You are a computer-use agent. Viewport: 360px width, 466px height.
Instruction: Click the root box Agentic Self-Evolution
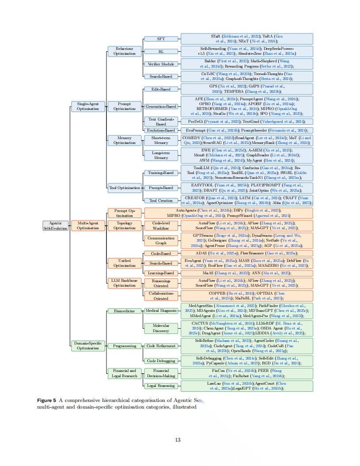[56, 226]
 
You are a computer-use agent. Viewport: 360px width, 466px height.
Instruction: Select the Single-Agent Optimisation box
[88, 106]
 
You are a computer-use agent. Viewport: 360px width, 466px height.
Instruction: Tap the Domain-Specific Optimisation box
[88, 345]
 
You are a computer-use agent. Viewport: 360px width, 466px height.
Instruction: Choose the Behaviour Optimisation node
[125, 51]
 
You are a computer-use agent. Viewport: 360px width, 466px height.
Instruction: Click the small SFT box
[161, 39]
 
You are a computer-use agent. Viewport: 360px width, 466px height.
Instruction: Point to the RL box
[161, 51]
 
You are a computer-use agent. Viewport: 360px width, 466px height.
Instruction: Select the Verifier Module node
[161, 64]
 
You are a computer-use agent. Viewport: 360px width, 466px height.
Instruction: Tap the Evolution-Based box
[161, 130]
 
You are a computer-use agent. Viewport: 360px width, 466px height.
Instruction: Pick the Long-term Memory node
[161, 155]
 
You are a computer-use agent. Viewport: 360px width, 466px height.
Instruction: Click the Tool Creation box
[161, 201]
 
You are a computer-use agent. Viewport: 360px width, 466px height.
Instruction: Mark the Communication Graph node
[161, 241]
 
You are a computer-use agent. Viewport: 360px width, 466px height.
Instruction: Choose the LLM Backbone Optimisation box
[125, 283]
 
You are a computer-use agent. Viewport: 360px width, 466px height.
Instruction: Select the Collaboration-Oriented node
[161, 296]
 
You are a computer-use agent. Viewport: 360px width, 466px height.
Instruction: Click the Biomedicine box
[125, 311]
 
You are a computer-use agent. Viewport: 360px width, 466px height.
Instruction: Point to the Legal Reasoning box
[161, 386]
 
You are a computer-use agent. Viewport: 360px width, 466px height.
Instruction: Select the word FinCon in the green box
[219, 371]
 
